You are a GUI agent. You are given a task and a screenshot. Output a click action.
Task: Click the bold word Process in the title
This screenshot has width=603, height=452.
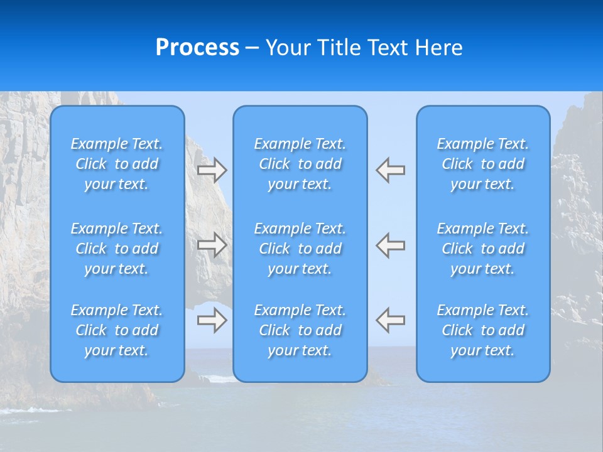pyautogui.click(x=197, y=48)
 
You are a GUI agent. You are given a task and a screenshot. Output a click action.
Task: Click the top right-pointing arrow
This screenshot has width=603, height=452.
pyautogui.click(x=212, y=170)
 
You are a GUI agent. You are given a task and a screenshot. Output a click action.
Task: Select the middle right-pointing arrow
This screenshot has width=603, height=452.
pyautogui.click(x=212, y=244)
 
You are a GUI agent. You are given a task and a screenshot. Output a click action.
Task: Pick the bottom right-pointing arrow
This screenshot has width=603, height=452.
pyautogui.click(x=212, y=320)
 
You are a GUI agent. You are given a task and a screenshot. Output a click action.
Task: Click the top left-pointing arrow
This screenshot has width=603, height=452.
pyautogui.click(x=391, y=170)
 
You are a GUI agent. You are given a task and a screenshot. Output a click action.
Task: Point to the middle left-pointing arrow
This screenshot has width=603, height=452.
pyautogui.click(x=391, y=244)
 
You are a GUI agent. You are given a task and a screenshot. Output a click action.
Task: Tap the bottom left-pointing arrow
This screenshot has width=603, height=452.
pyautogui.click(x=391, y=320)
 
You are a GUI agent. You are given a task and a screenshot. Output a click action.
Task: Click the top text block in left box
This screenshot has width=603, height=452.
pyautogui.click(x=117, y=164)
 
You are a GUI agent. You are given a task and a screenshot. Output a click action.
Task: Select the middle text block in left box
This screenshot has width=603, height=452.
pyautogui.click(x=117, y=249)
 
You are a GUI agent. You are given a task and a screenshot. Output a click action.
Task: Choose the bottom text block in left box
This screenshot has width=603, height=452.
pyautogui.click(x=117, y=330)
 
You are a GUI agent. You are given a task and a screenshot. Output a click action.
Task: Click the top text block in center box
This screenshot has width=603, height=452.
pyautogui.click(x=300, y=164)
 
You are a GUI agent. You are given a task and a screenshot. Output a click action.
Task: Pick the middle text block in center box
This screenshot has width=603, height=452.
pyautogui.click(x=300, y=249)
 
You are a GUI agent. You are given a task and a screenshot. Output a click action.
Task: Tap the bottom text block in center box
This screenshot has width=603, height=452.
pyautogui.click(x=300, y=330)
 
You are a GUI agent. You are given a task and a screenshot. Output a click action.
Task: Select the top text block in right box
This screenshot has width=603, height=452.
pyautogui.click(x=482, y=164)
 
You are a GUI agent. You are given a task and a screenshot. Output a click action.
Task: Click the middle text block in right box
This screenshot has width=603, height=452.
pyautogui.click(x=482, y=249)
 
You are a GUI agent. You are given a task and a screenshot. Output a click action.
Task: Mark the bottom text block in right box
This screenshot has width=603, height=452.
pyautogui.click(x=482, y=330)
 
